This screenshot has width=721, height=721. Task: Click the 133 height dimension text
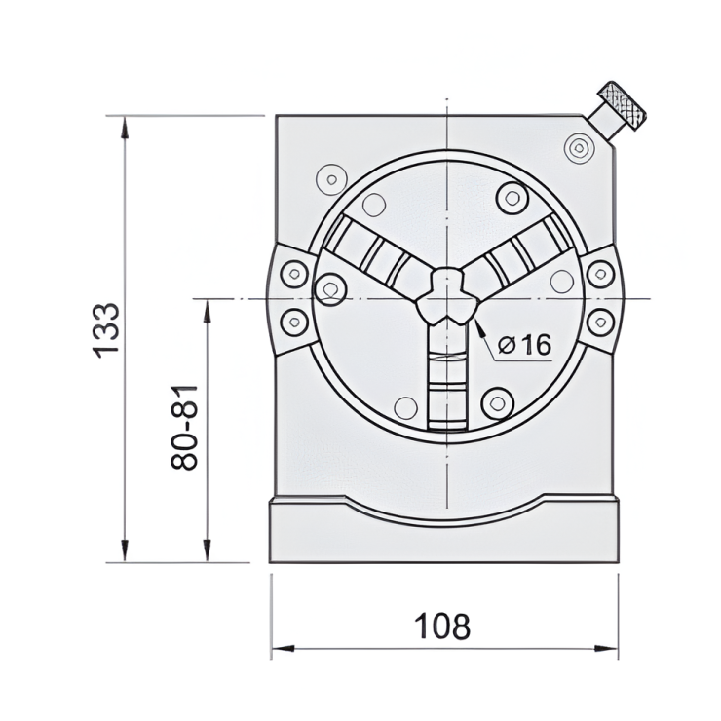[106, 329]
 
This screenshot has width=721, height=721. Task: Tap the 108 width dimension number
[442, 626]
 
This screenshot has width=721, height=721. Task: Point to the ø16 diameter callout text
[524, 344]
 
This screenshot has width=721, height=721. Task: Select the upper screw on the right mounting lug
[599, 274]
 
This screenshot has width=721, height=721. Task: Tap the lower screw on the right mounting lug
[599, 320]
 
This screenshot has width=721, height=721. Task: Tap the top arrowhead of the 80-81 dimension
[207, 307]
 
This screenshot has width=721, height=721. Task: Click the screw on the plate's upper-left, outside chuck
[328, 179]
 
